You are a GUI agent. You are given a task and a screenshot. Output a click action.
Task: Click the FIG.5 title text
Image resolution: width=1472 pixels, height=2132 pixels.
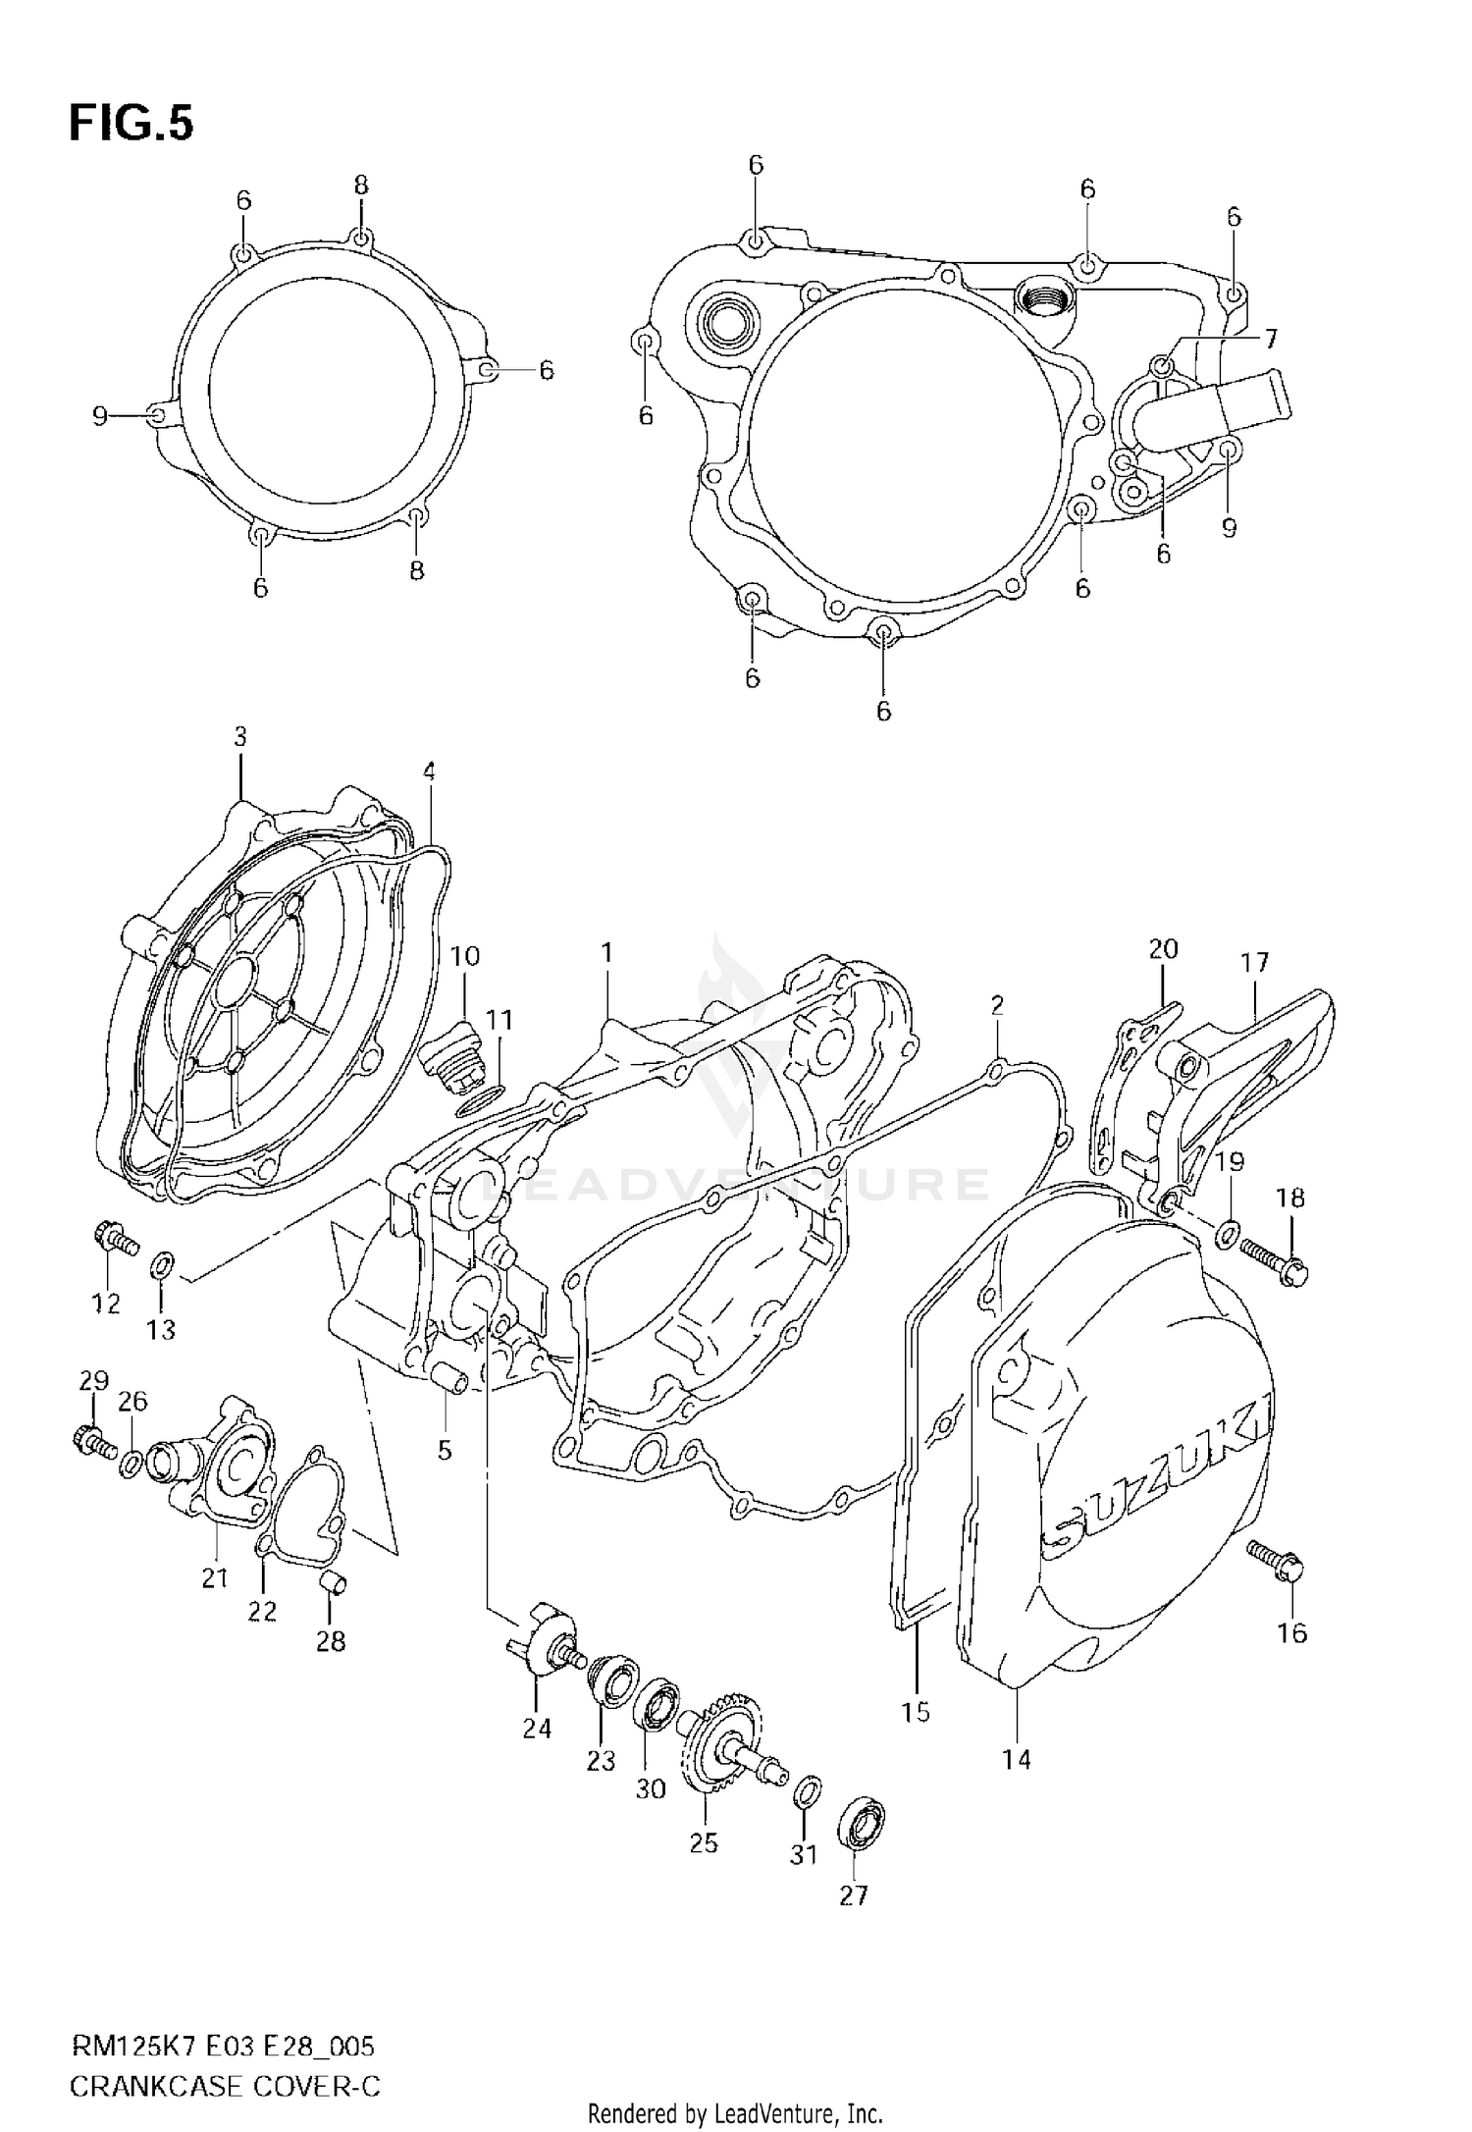(131, 125)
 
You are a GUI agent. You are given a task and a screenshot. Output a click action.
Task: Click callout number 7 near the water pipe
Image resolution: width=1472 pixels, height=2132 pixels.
(1270, 340)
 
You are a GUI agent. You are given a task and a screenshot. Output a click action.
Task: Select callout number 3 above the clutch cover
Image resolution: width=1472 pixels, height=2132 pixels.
(240, 736)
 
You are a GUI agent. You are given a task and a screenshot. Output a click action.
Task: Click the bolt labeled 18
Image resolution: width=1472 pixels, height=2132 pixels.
(1270, 1261)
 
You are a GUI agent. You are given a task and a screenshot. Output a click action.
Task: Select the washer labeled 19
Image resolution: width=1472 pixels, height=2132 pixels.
(1228, 1234)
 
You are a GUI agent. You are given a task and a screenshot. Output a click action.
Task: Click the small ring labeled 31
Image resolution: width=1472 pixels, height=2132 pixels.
(805, 1789)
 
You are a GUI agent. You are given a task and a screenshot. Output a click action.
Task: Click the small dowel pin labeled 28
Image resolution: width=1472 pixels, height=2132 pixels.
(333, 1582)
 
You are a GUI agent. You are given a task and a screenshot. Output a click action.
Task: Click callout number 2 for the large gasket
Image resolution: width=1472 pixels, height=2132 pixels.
(997, 1004)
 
